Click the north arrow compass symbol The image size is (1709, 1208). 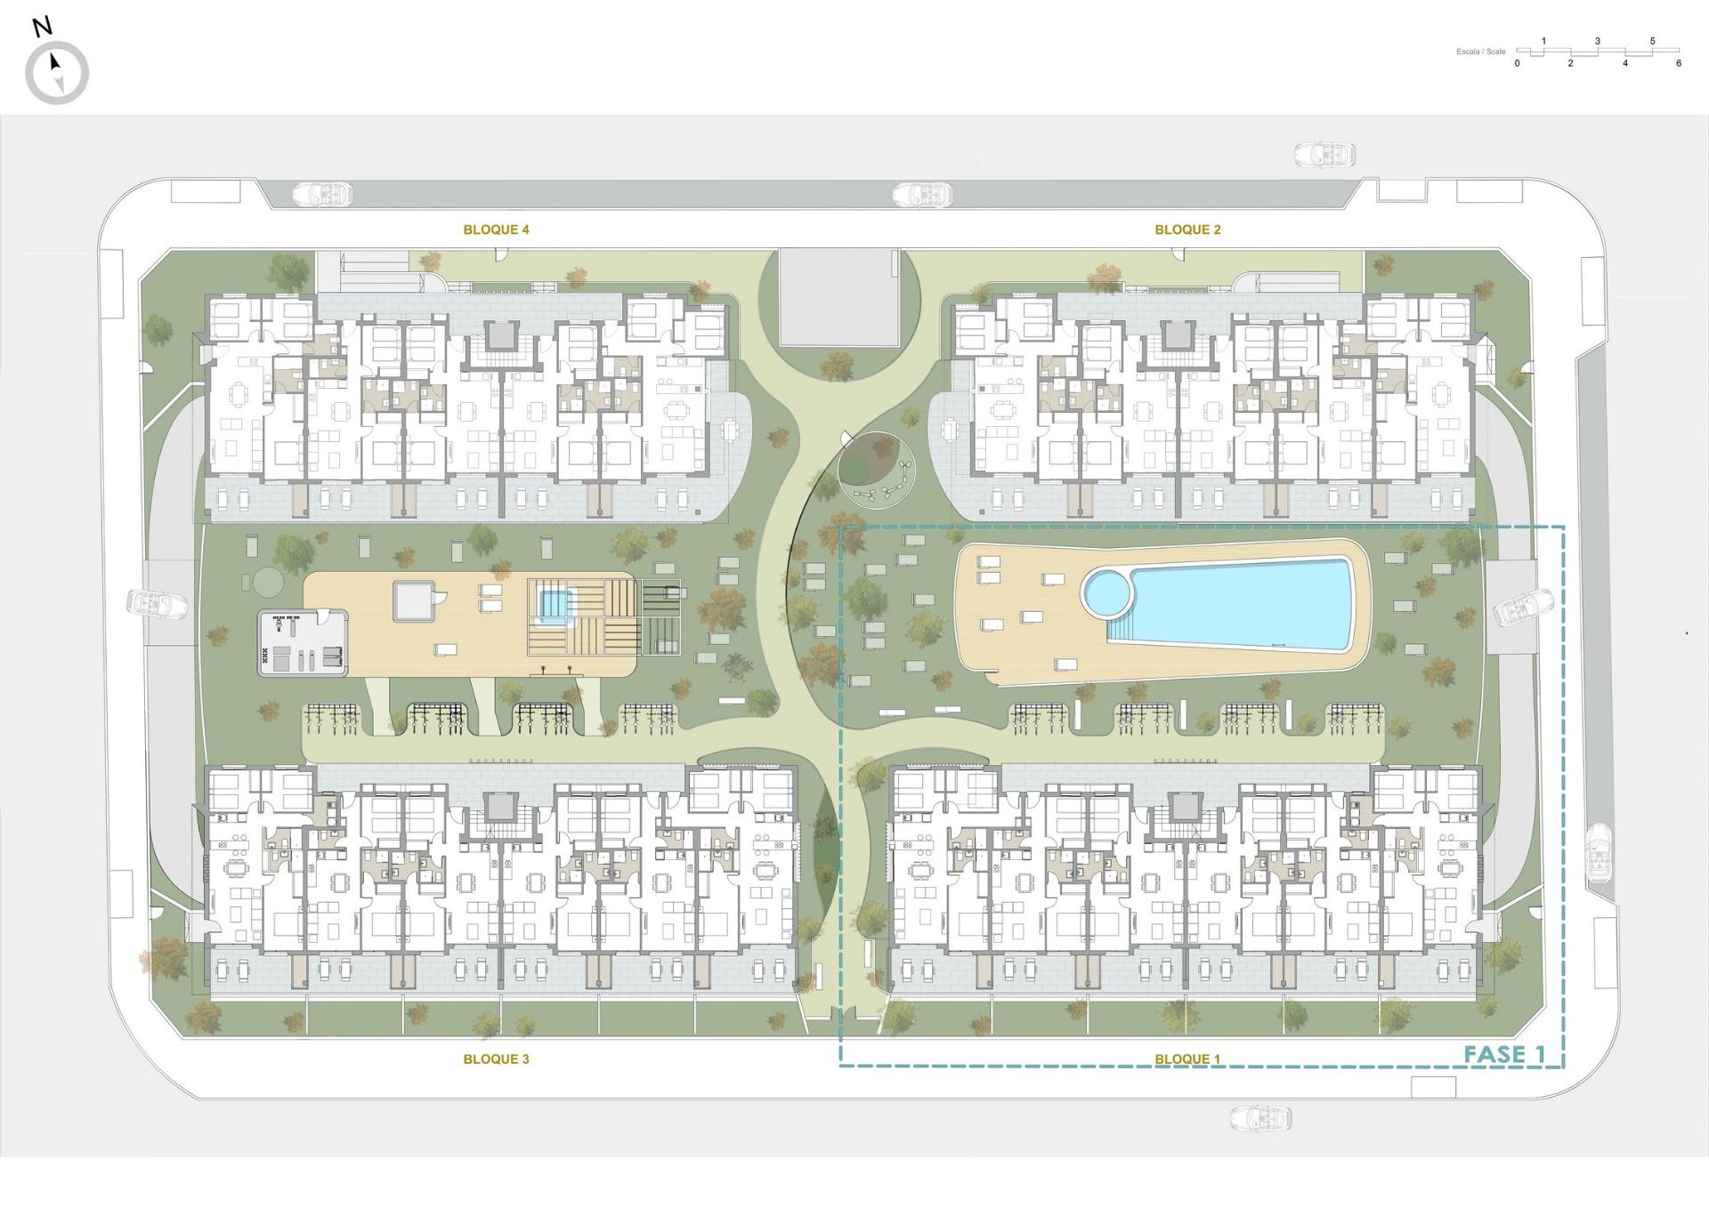point(57,73)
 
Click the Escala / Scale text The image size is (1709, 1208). point(1480,52)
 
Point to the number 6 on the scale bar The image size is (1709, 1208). point(1679,64)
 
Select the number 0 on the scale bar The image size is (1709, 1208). point(1517,64)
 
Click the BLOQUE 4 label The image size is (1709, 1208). point(496,230)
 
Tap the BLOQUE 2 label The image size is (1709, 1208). point(1187,230)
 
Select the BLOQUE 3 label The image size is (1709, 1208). point(496,1059)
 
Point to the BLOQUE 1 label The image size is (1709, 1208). point(1187,1059)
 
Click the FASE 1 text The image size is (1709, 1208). point(1504,1055)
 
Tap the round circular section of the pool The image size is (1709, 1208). point(1105,592)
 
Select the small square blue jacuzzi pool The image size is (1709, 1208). point(553,606)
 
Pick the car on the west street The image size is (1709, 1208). point(158,604)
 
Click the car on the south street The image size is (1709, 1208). point(1260,1118)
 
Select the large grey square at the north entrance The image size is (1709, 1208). point(838,297)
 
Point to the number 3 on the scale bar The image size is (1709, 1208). point(1598,41)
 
